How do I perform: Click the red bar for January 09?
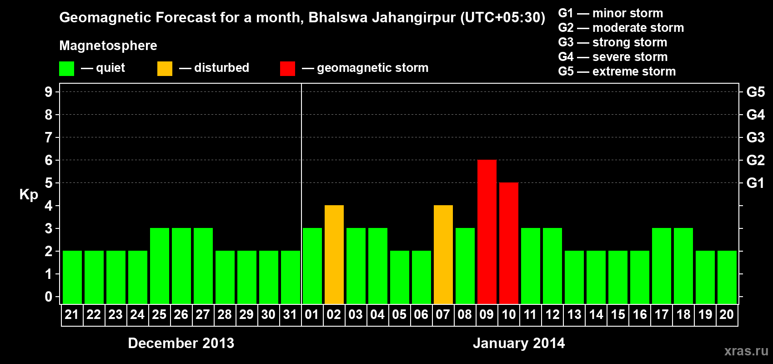point(487,232)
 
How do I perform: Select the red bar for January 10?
point(508,243)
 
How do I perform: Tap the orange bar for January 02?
point(334,254)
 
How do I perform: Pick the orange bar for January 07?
point(443,254)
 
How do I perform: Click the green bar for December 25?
point(159,266)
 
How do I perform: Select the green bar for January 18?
point(683,266)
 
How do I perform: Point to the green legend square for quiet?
point(66,69)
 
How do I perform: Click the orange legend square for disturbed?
point(165,69)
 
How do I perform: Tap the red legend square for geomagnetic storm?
point(287,69)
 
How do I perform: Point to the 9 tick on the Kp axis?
point(49,92)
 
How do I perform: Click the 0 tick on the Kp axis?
point(49,297)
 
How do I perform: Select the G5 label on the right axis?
point(755,92)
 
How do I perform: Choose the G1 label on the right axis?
point(755,183)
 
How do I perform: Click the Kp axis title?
point(29,194)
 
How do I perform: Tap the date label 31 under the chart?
point(290,314)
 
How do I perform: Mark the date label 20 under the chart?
point(727,314)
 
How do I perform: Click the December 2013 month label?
point(181,343)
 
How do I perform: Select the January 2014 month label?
point(519,343)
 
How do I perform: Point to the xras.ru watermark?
point(746,351)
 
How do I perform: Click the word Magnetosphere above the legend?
point(108,45)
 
